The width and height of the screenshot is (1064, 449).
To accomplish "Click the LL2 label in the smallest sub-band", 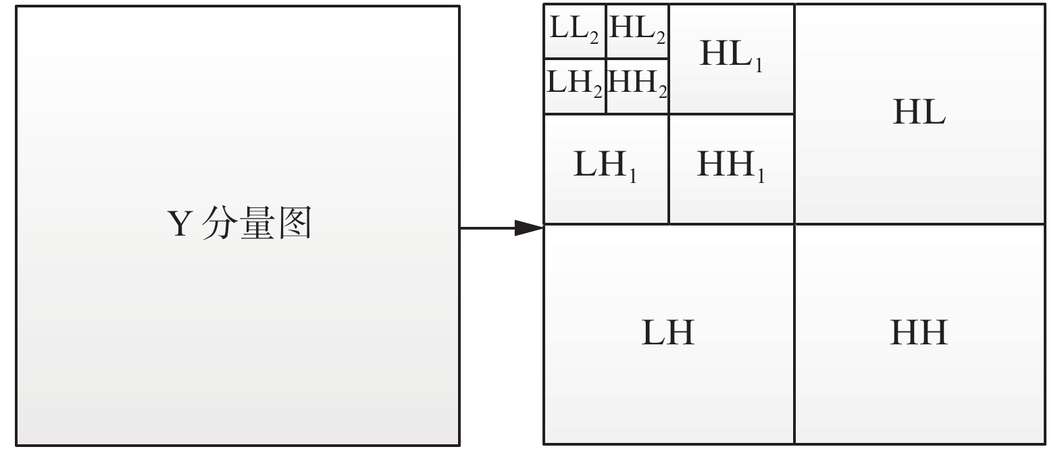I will [574, 30].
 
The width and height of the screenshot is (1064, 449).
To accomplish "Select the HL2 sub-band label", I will [637, 30].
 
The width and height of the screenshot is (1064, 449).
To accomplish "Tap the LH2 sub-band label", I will [574, 84].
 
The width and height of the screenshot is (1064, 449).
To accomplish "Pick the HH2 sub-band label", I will [637, 84].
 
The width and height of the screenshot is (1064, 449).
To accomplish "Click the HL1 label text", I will [731, 55].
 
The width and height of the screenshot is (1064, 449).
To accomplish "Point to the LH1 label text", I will [605, 165].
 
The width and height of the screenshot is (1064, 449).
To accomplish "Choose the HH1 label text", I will [730, 165].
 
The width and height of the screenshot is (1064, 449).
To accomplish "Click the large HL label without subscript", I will [919, 112].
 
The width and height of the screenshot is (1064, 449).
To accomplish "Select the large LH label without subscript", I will [667, 332].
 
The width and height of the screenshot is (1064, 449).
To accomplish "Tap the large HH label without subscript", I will [919, 332].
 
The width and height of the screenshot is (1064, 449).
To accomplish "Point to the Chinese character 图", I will [293, 223].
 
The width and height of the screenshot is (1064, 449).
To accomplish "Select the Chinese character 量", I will [256, 223].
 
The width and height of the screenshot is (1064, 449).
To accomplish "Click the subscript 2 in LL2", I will [594, 38].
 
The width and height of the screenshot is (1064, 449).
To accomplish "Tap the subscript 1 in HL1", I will [759, 65].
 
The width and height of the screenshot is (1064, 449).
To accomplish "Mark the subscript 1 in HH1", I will [760, 176].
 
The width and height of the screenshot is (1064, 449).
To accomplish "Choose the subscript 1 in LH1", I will [632, 176].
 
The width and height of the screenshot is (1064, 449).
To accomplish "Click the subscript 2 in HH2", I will [663, 91].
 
